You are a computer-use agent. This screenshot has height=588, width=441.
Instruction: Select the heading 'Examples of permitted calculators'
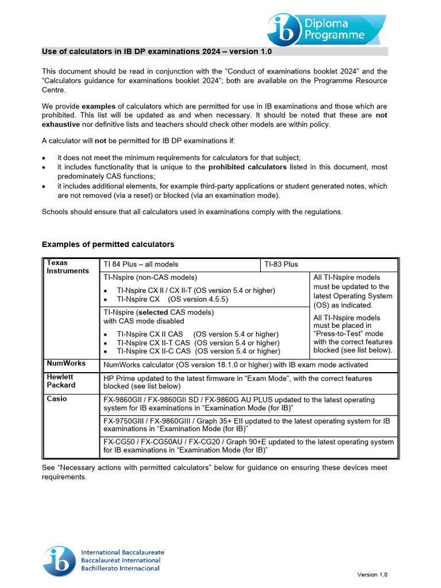108,245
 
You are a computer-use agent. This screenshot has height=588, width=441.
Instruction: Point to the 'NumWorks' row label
66,363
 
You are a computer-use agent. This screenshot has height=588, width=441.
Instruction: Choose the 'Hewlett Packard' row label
60,381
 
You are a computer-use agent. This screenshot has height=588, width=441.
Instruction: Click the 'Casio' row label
57,399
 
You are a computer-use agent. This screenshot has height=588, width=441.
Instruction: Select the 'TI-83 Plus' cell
281,265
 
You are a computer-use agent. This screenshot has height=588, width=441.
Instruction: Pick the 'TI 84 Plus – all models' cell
141,265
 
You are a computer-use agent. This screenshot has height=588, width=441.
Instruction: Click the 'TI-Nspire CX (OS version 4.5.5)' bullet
172,299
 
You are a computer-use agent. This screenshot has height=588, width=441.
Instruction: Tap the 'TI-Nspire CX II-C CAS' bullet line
198,351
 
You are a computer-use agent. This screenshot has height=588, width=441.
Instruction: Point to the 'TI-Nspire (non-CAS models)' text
150,277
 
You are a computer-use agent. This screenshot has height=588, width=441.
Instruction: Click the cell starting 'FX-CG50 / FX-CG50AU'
249,446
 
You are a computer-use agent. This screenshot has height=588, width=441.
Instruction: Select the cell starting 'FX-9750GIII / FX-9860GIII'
246,425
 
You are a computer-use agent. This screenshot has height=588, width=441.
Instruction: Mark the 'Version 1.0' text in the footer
373,574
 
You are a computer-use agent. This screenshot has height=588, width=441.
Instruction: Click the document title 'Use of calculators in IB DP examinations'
157,52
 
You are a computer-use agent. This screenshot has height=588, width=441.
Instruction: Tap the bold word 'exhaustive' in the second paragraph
62,125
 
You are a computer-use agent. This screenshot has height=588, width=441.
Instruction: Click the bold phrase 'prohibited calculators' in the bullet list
247,167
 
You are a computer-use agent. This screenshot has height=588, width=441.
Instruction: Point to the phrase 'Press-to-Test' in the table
341,334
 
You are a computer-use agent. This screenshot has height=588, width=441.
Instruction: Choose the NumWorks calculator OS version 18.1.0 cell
235,365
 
